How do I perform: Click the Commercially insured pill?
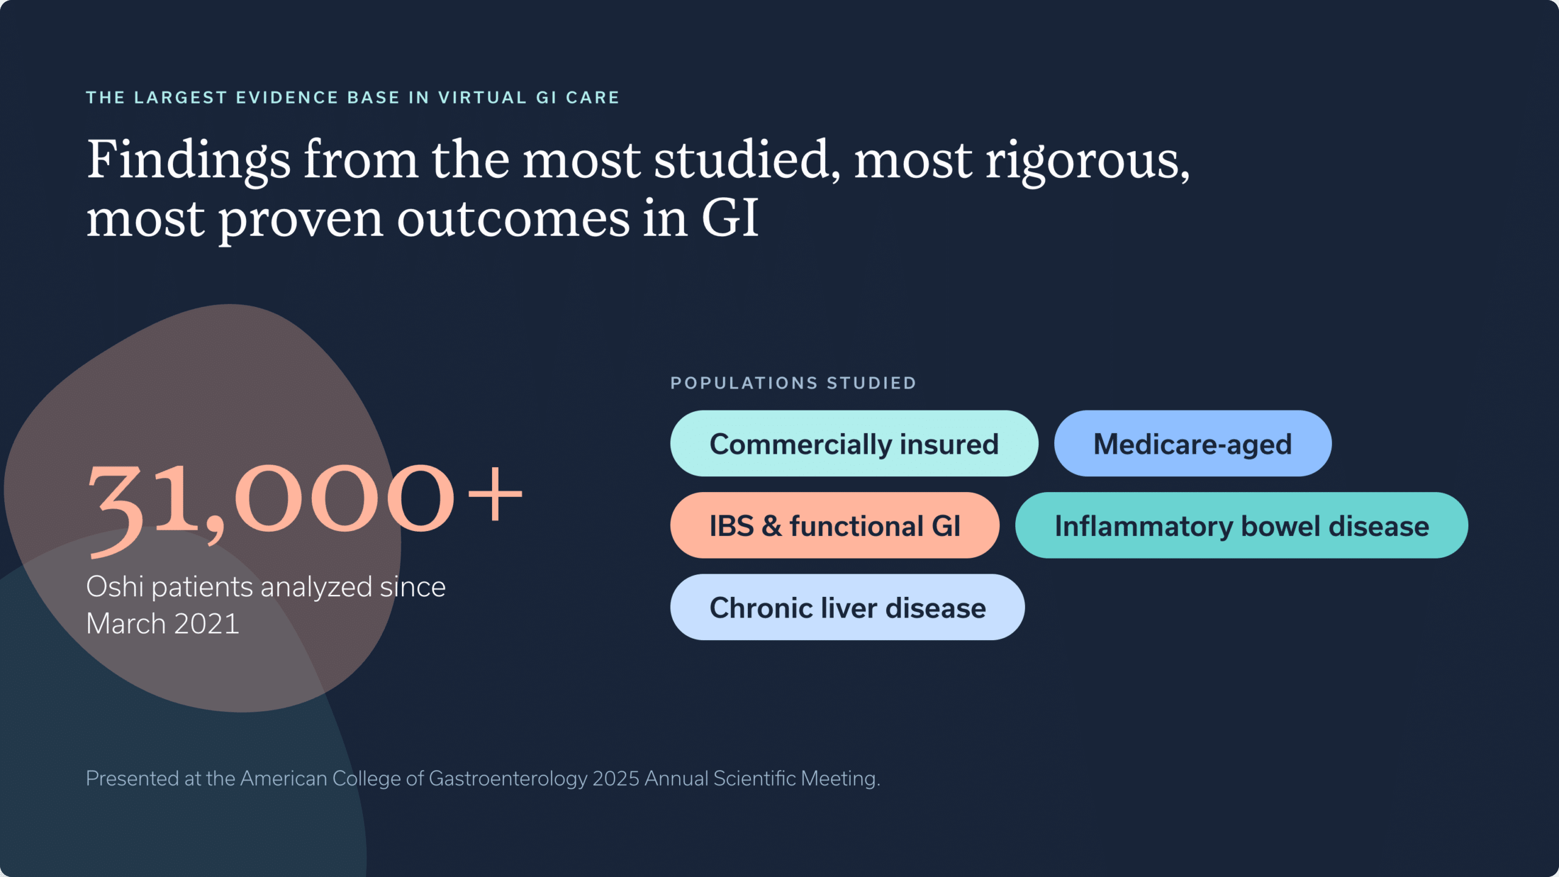(x=854, y=443)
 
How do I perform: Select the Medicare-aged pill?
(x=1192, y=443)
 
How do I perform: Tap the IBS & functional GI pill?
(x=834, y=525)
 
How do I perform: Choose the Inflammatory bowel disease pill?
(x=1241, y=525)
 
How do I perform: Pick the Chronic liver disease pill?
(x=847, y=607)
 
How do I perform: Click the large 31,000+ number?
(x=304, y=505)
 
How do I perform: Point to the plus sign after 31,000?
(x=495, y=495)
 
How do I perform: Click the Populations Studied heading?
(x=793, y=383)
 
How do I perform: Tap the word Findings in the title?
(x=189, y=161)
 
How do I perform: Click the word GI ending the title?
(x=730, y=218)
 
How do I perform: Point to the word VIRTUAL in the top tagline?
(x=482, y=97)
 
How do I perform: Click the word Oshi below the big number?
(x=115, y=586)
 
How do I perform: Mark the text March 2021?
(x=163, y=624)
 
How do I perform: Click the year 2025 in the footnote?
(x=616, y=778)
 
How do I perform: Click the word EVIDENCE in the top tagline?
(x=287, y=97)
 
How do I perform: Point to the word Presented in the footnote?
(x=132, y=778)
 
